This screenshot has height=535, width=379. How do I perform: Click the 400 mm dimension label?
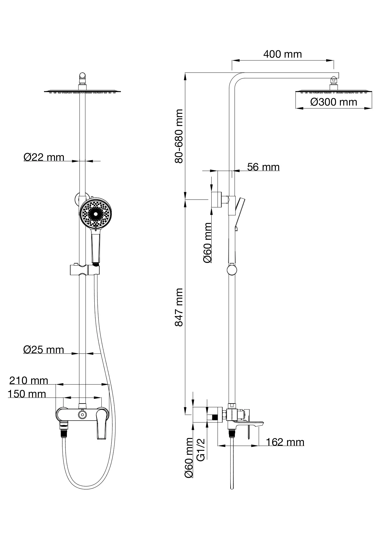tap(282, 54)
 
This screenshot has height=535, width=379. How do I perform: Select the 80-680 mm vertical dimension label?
tap(179, 136)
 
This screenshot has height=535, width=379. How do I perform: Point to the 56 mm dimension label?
tap(263, 167)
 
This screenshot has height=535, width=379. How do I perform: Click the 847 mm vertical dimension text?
tap(179, 307)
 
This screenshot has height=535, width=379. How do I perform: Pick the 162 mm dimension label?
tap(285, 442)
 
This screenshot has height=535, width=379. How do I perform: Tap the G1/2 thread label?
tap(201, 449)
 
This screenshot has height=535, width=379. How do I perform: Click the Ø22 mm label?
tap(44, 157)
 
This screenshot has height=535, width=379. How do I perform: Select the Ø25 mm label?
tap(44, 350)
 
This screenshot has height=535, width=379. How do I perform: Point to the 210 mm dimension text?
tap(29, 381)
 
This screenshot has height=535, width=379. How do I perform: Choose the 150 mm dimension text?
tap(27, 394)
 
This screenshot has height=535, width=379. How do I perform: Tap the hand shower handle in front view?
tap(96, 247)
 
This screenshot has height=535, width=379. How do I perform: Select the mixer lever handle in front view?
tap(101, 425)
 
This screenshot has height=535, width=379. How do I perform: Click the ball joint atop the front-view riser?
tap(82, 76)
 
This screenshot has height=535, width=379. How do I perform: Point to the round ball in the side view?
tap(232, 270)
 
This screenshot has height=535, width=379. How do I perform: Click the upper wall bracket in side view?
tap(217, 200)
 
